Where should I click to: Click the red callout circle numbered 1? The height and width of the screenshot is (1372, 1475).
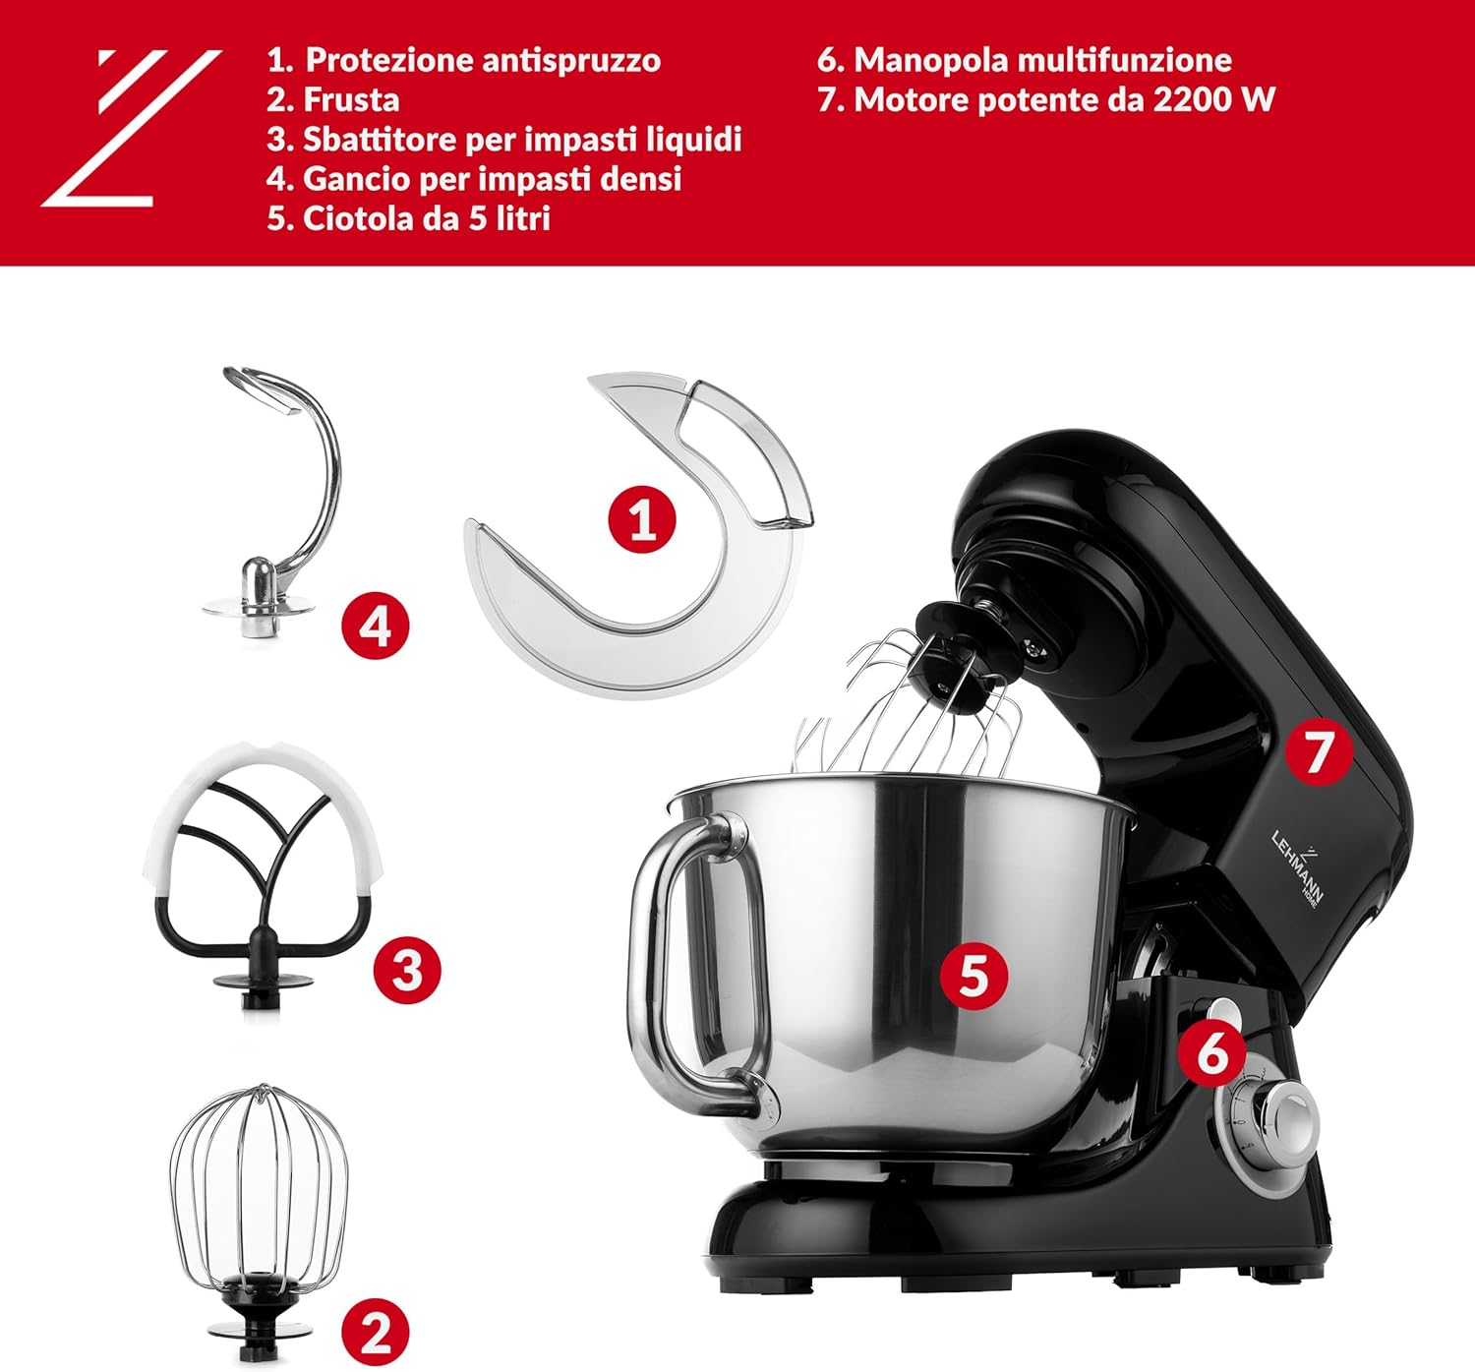point(642,518)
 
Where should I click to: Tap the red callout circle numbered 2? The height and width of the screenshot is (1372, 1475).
point(375,1334)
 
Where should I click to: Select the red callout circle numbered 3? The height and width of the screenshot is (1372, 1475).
point(407,970)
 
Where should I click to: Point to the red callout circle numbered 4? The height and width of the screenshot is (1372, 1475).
point(376,626)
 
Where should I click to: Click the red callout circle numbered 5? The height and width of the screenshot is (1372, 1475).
point(973,976)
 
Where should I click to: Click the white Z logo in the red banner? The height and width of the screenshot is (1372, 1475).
point(128,128)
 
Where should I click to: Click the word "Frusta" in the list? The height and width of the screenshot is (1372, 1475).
point(351,99)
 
